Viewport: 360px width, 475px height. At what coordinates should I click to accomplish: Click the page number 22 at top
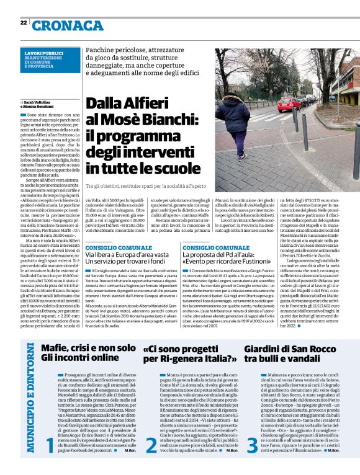tap(24, 23)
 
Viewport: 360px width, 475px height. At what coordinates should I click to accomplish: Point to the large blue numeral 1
tap(50, 445)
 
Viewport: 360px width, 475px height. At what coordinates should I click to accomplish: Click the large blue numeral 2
tap(150, 445)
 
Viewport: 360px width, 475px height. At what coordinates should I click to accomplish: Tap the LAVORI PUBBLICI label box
tap(48, 60)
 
